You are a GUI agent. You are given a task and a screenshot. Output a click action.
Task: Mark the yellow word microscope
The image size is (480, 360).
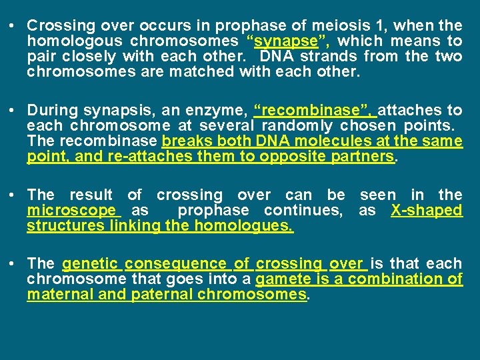pyautogui.click(x=71, y=211)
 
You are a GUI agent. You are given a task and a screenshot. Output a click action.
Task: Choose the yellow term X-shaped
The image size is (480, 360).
pyautogui.click(x=427, y=211)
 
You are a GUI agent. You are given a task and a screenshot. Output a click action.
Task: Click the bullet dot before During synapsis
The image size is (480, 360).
pyautogui.click(x=13, y=111)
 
